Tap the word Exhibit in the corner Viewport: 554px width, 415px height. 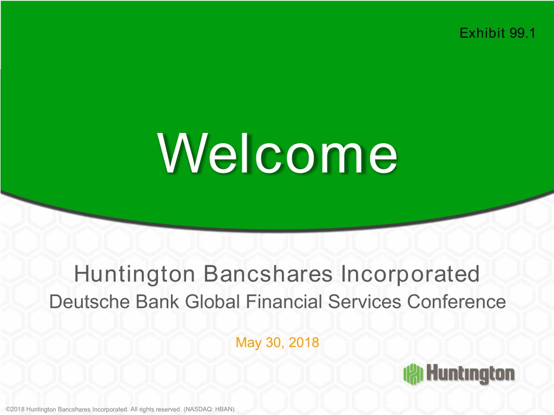[482, 33]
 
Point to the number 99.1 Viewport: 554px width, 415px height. [523, 33]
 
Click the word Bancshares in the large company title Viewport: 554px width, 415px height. [268, 274]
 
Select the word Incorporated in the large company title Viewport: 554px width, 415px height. [410, 274]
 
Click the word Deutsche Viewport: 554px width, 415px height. [89, 302]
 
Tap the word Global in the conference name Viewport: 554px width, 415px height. [212, 302]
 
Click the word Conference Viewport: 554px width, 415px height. [457, 302]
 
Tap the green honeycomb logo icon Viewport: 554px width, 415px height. [413, 374]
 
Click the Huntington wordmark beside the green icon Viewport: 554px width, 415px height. [471, 374]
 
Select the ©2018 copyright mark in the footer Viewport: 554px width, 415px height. [15, 410]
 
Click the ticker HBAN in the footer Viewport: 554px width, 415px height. [223, 410]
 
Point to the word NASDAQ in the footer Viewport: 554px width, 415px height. [198, 410]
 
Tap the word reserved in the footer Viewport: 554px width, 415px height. [169, 410]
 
